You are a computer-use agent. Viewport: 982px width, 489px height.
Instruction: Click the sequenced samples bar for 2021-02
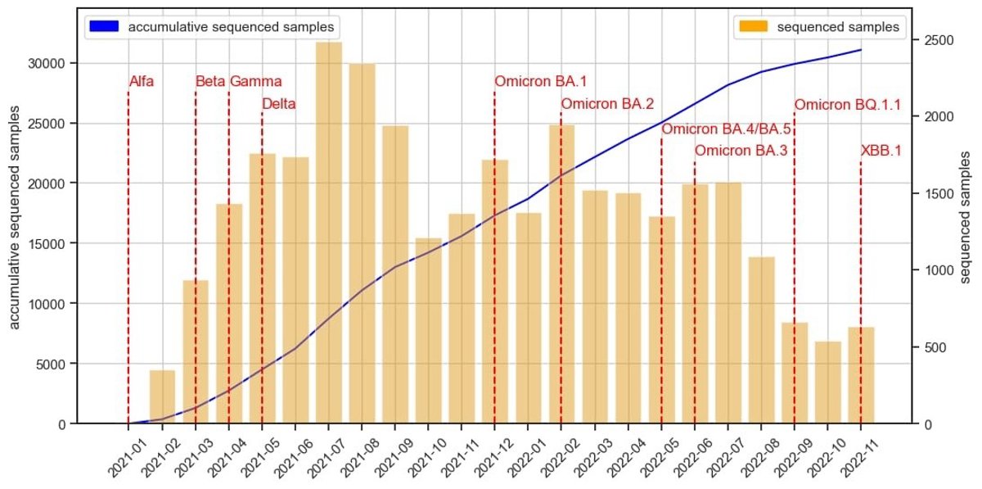click(162, 397)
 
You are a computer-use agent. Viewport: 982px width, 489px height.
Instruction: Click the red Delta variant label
click(279, 104)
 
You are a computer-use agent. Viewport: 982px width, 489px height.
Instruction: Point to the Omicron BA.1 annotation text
click(541, 81)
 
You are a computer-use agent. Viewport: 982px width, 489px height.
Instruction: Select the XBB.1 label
click(881, 151)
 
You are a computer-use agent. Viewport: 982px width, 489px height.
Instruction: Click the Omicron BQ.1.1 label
click(848, 105)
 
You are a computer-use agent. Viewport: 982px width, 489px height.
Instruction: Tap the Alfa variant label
click(142, 81)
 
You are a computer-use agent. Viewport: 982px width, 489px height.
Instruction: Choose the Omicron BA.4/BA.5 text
click(726, 129)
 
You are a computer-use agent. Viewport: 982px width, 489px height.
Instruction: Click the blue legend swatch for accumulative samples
click(102, 27)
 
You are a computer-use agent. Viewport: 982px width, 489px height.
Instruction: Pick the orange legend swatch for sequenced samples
click(752, 27)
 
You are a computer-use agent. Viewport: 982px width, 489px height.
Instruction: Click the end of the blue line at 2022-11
click(861, 50)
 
